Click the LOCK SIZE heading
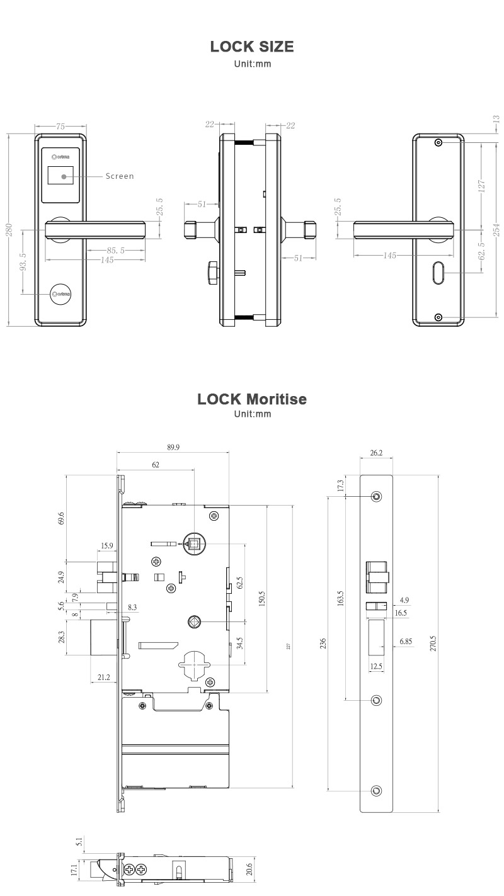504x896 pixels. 252,47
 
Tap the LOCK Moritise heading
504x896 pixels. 252,399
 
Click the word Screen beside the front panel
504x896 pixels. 120,176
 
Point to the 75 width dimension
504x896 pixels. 60,126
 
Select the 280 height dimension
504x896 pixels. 9,230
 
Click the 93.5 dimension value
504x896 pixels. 23,261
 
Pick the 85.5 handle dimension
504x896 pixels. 115,250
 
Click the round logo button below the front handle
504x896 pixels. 61,293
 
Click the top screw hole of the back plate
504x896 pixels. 439,143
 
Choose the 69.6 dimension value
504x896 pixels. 60,518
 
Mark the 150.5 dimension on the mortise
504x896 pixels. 261,598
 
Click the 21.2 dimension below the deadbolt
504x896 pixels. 104,677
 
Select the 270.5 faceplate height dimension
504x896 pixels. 433,642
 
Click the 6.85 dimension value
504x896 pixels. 406,642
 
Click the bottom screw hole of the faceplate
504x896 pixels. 377,790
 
